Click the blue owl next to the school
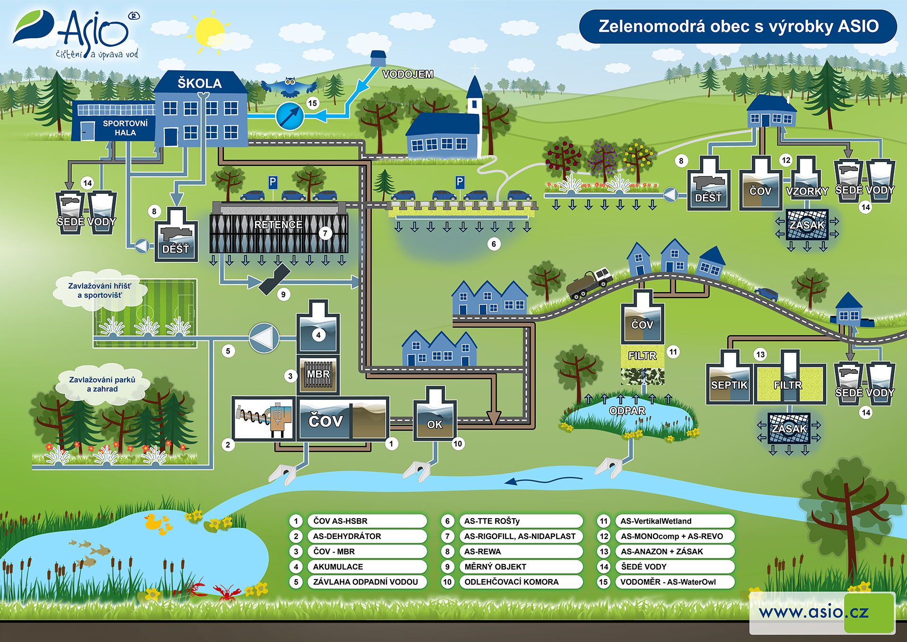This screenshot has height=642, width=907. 290,87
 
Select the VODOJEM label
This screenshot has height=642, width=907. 408,74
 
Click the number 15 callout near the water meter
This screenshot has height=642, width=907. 312,103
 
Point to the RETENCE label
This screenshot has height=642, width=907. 278,225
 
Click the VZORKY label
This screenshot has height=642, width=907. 807,191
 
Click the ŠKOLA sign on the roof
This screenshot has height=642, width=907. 199,83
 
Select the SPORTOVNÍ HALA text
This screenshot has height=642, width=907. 125,128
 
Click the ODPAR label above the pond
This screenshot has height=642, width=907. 627,410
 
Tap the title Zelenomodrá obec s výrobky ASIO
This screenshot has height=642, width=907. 738,26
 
